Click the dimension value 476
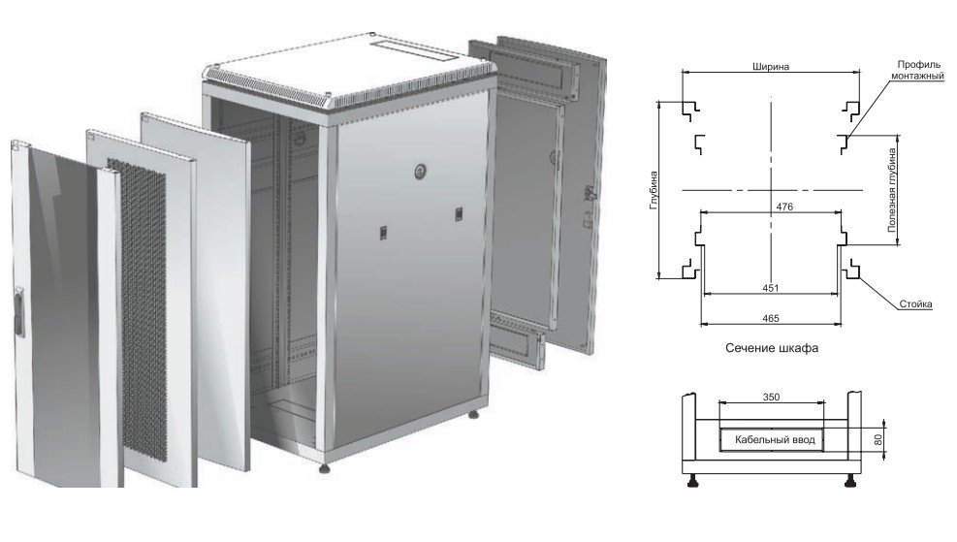pyautogui.click(x=784, y=207)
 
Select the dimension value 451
pyautogui.click(x=771, y=287)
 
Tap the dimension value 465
pyautogui.click(x=771, y=318)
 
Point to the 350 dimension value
pyautogui.click(x=771, y=397)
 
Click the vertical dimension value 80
pyautogui.click(x=878, y=439)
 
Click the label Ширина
pyautogui.click(x=770, y=67)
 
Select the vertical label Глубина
pyautogui.click(x=654, y=190)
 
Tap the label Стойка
pyautogui.click(x=915, y=303)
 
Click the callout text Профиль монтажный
pyautogui.click(x=918, y=70)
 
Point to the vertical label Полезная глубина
pyautogui.click(x=892, y=190)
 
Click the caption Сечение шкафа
pyautogui.click(x=772, y=348)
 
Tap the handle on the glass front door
pyautogui.click(x=19, y=312)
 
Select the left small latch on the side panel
pyautogui.click(x=383, y=233)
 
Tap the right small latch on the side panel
pyautogui.click(x=459, y=213)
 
